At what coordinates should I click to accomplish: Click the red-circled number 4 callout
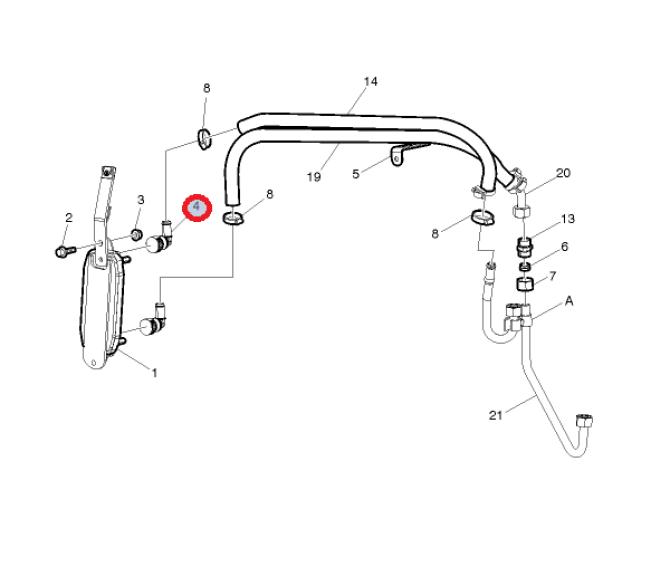point(197,208)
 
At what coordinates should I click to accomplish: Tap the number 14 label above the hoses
point(370,81)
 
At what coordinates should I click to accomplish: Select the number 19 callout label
point(314,176)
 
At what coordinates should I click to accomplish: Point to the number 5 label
point(356,174)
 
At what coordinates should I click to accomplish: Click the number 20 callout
point(563,173)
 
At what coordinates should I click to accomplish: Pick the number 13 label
point(567,219)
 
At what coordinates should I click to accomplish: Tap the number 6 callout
point(564,246)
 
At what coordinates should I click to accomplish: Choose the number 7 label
point(552,276)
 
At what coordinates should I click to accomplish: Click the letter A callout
point(569,301)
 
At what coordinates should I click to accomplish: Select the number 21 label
point(495,415)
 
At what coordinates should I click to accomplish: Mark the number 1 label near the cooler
point(155,373)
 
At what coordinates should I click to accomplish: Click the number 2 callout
point(69,217)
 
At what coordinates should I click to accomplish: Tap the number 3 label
point(141,200)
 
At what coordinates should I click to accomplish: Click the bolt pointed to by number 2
point(65,251)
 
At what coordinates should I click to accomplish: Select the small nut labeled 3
point(136,235)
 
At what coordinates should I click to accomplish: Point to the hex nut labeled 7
point(525,284)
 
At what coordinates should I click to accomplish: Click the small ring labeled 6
point(525,267)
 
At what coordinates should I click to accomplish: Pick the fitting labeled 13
point(524,247)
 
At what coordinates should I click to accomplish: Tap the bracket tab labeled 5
point(397,157)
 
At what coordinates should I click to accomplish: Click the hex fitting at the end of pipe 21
point(584,420)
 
